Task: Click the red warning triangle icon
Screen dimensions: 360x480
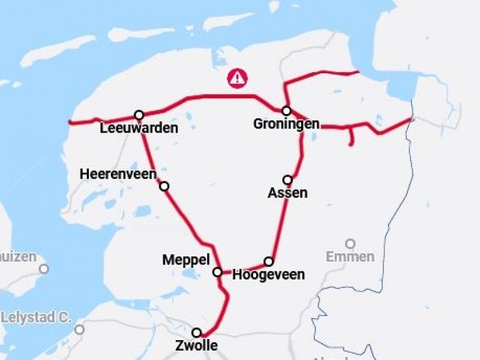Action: [238, 77]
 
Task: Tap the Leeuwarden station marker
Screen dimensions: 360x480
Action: [139, 115]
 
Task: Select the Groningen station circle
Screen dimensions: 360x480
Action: [287, 110]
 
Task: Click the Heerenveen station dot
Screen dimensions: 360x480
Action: [164, 186]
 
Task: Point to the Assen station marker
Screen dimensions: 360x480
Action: [287, 179]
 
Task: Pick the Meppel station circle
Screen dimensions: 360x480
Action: [218, 272]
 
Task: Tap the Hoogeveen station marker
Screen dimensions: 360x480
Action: [269, 261]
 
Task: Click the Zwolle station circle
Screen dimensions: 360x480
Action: [196, 332]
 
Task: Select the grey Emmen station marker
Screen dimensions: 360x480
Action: [350, 244]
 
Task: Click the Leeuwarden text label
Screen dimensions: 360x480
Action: [139, 128]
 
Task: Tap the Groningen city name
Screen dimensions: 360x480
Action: [286, 124]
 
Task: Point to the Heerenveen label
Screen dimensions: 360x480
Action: [118, 174]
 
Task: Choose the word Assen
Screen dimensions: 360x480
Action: [288, 193]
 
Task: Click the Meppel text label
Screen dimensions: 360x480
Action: [186, 260]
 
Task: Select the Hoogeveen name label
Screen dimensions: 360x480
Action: [268, 275]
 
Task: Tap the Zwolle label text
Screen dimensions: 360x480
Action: [196, 346]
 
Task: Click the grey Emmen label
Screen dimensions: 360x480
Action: [350, 257]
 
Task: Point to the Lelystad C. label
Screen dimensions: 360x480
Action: [36, 317]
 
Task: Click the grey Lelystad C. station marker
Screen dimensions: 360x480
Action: [79, 329]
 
